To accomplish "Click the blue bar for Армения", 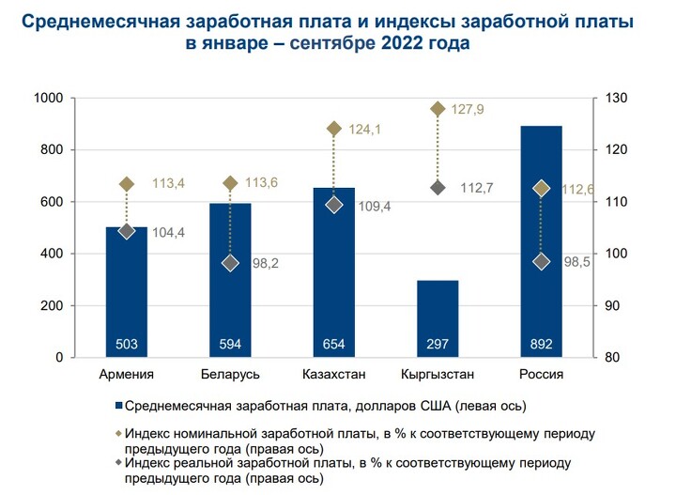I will pyautogui.click(x=127, y=291).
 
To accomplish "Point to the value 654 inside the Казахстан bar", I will pyautogui.click(x=334, y=345).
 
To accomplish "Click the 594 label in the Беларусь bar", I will pyautogui.click(x=230, y=345).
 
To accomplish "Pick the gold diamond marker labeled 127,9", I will pyautogui.click(x=438, y=109).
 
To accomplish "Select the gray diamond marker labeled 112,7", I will pyautogui.click(x=438, y=188).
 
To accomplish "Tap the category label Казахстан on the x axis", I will pyautogui.click(x=334, y=375).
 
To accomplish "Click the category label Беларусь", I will pyautogui.click(x=230, y=375).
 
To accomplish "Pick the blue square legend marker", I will pyautogui.click(x=118, y=407).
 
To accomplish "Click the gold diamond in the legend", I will pyautogui.click(x=118, y=435).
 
